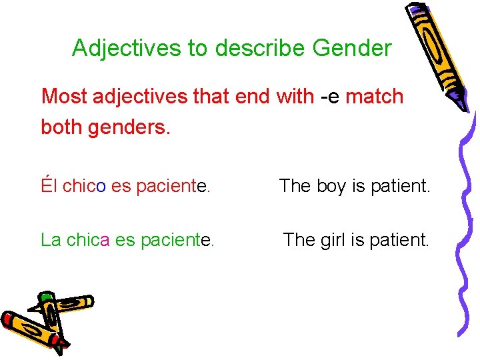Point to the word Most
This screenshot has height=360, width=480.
click(65, 97)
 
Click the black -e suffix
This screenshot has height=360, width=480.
click(330, 97)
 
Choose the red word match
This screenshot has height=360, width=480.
click(375, 97)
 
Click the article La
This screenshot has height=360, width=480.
click(51, 239)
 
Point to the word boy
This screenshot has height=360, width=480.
click(327, 186)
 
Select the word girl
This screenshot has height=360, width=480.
click(330, 239)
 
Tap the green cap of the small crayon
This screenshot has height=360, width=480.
click(45, 297)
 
